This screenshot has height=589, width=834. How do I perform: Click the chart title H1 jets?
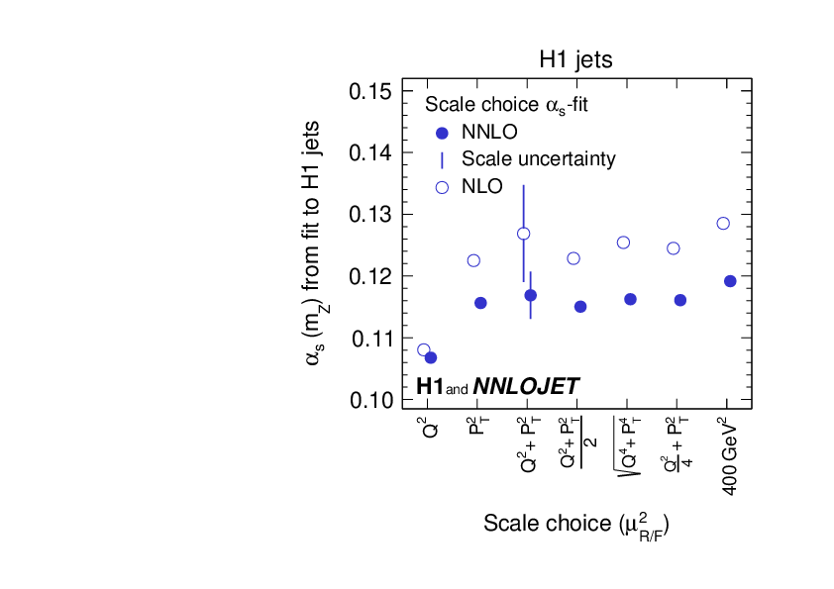tap(575, 59)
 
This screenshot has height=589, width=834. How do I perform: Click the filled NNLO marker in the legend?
tap(443, 133)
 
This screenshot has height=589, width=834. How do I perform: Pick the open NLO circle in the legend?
tap(443, 186)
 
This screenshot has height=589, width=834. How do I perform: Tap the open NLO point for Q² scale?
tap(424, 349)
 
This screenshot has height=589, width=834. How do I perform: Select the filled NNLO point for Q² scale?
tap(431, 357)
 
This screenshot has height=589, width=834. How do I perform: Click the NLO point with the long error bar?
tap(524, 234)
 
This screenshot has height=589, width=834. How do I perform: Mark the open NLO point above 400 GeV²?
tap(723, 223)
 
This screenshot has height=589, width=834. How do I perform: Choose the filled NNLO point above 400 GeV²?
tap(730, 281)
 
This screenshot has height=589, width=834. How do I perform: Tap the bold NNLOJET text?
tap(526, 387)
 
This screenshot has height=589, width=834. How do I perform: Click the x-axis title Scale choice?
tap(583, 523)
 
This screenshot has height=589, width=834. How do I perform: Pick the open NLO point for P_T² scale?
tap(473, 260)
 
